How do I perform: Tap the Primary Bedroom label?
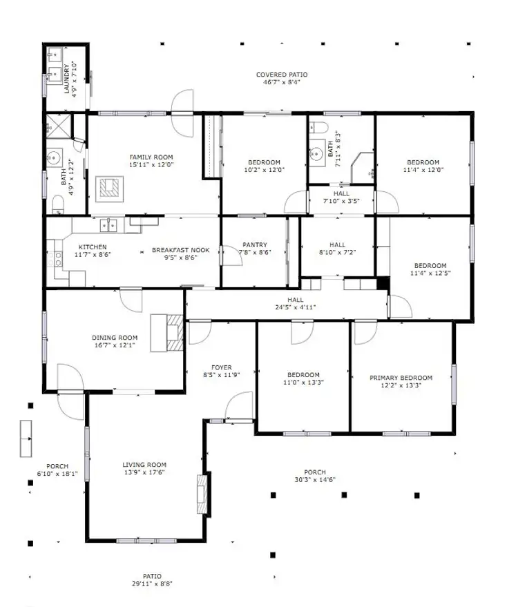coord(401,378)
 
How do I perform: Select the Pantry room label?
coord(254,244)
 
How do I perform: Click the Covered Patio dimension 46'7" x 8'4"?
coord(282,82)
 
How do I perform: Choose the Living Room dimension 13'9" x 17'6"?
coord(144,472)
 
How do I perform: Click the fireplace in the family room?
coord(110,188)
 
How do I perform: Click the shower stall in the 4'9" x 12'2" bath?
coord(55,127)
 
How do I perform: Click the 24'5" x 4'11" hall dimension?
coord(296,307)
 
